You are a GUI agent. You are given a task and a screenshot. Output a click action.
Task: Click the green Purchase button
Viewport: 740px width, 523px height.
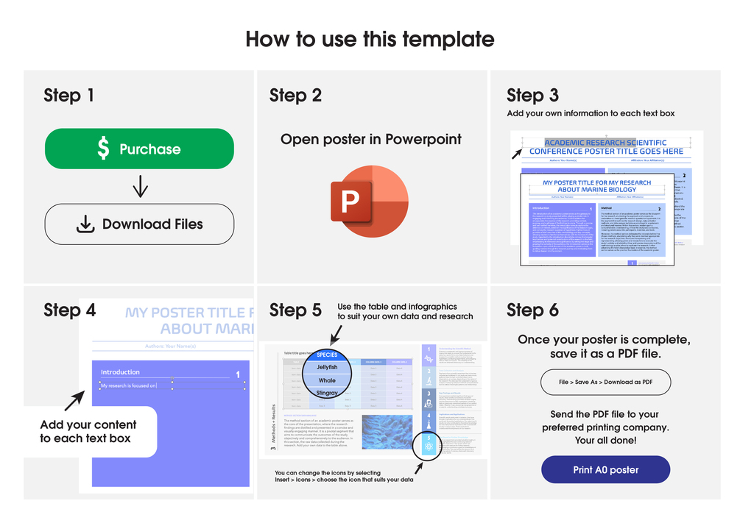tap(139, 149)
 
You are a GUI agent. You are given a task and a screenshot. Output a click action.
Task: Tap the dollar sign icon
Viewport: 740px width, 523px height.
tap(103, 149)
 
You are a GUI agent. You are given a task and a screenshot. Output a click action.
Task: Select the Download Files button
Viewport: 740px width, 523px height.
tap(139, 224)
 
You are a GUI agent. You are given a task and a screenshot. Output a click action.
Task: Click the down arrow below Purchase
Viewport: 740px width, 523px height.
tap(140, 187)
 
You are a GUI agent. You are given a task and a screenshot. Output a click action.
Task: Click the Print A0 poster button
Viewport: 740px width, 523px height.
tap(605, 469)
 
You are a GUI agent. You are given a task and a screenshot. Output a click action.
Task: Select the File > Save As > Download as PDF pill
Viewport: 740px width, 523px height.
tap(605, 382)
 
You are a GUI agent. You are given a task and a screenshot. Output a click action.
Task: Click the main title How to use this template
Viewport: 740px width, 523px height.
tap(370, 38)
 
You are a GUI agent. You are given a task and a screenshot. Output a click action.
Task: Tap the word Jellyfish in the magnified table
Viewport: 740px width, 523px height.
tap(327, 366)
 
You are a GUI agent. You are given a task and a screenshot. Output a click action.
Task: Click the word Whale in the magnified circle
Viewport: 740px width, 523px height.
tap(327, 380)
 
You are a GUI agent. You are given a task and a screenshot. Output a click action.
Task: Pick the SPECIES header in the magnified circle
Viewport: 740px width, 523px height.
tap(327, 354)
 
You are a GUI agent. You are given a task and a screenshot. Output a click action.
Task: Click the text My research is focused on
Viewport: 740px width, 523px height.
tap(129, 385)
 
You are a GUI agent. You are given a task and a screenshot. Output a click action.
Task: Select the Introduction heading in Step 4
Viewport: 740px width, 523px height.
tap(120, 372)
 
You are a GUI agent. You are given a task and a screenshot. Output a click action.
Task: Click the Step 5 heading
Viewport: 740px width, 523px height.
tap(295, 310)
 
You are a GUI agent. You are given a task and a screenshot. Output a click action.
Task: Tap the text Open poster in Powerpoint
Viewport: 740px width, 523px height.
tap(371, 139)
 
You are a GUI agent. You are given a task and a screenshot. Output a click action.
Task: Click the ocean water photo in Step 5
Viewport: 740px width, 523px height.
tap(390, 433)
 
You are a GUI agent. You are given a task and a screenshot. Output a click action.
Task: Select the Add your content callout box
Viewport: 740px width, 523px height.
tap(88, 432)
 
